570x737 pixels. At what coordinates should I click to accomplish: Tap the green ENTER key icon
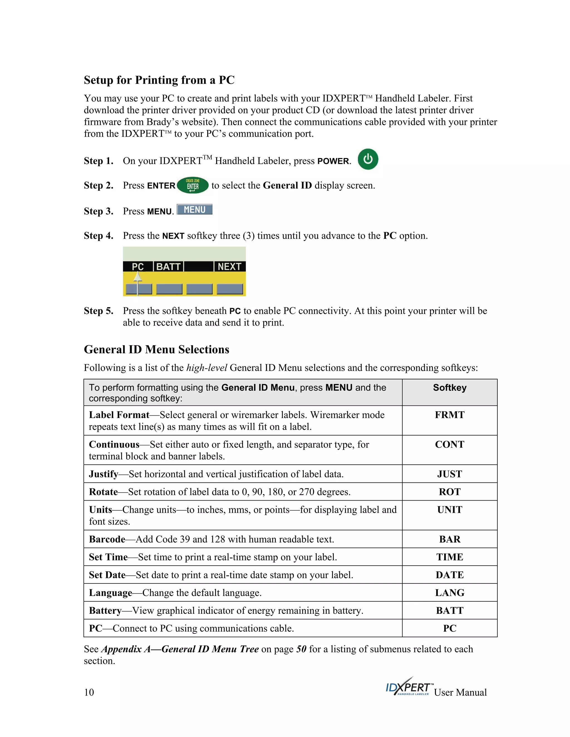click(x=193, y=185)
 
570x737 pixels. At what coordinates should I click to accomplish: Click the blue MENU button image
click(x=195, y=210)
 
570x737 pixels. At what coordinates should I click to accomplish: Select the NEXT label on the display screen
click(x=229, y=267)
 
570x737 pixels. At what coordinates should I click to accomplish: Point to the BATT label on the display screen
click(x=168, y=267)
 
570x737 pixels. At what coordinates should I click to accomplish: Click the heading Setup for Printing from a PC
click(x=159, y=80)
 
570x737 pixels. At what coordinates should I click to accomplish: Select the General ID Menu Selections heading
click(x=156, y=349)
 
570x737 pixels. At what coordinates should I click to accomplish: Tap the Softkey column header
click(x=449, y=388)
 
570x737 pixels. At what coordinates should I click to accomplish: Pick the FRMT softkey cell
click(x=449, y=415)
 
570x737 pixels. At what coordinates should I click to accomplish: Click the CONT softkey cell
click(x=449, y=444)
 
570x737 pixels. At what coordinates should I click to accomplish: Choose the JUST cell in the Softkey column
click(x=449, y=474)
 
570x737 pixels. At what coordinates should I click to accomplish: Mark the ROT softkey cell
click(x=449, y=492)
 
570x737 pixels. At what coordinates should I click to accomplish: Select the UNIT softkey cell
click(x=449, y=510)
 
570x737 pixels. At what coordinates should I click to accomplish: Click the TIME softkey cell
click(x=449, y=557)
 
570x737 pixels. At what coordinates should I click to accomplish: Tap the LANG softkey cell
click(x=449, y=593)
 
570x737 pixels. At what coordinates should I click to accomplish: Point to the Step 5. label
click(x=98, y=311)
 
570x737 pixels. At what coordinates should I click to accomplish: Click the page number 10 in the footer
click(x=89, y=693)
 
